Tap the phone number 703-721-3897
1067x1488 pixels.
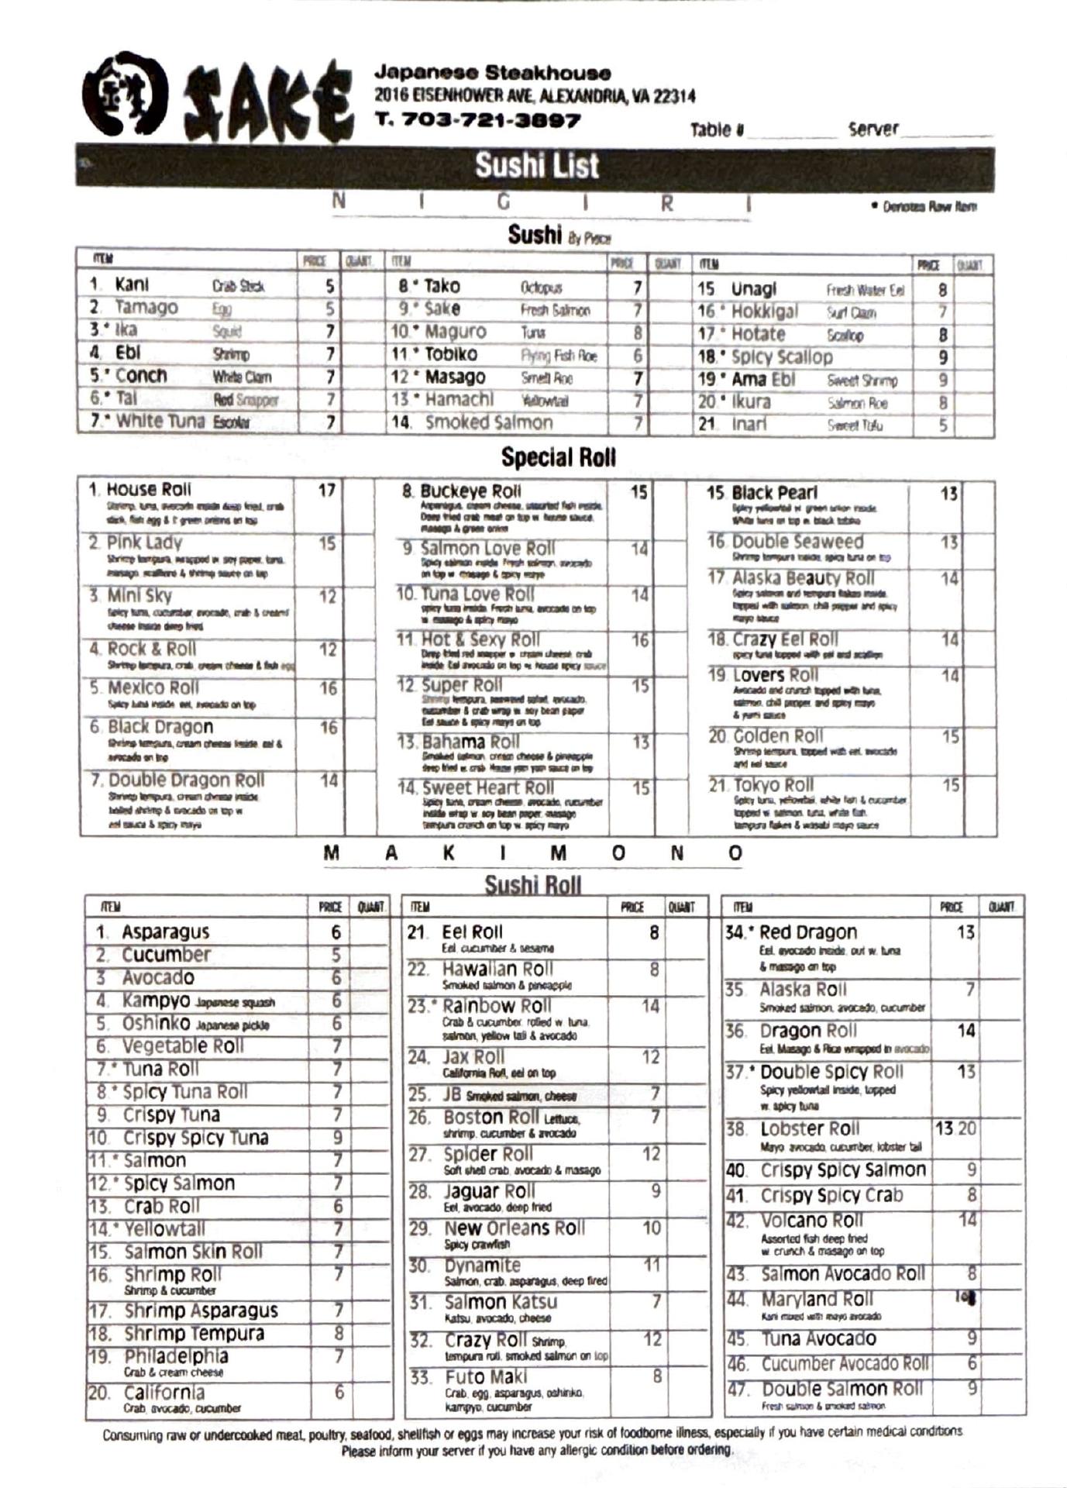coord(477,120)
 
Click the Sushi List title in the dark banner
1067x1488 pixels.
coord(536,166)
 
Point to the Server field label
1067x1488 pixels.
coord(873,129)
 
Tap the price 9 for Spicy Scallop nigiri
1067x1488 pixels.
coord(942,358)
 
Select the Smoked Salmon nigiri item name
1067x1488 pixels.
coord(488,423)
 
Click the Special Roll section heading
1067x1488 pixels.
coord(558,457)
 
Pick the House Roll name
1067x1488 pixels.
coord(148,490)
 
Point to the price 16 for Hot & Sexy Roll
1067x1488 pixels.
coord(638,640)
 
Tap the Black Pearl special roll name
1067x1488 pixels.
coord(773,493)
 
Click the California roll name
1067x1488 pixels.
coord(163,1392)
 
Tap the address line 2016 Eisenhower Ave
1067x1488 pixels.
coord(535,96)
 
